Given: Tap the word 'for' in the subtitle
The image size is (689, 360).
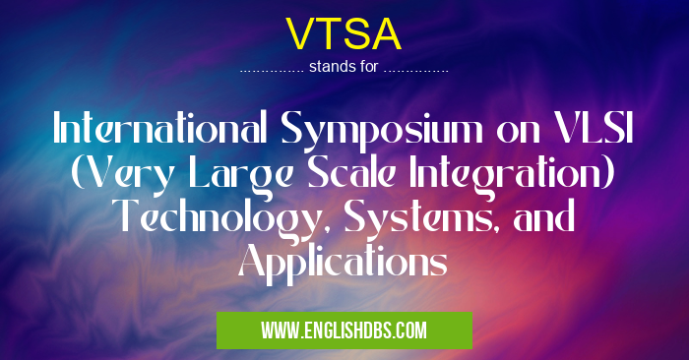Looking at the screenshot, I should coord(366,69).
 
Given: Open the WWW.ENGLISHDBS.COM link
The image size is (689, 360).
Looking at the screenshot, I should coord(344,330).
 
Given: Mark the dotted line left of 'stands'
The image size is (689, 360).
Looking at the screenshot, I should coord(271,71).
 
